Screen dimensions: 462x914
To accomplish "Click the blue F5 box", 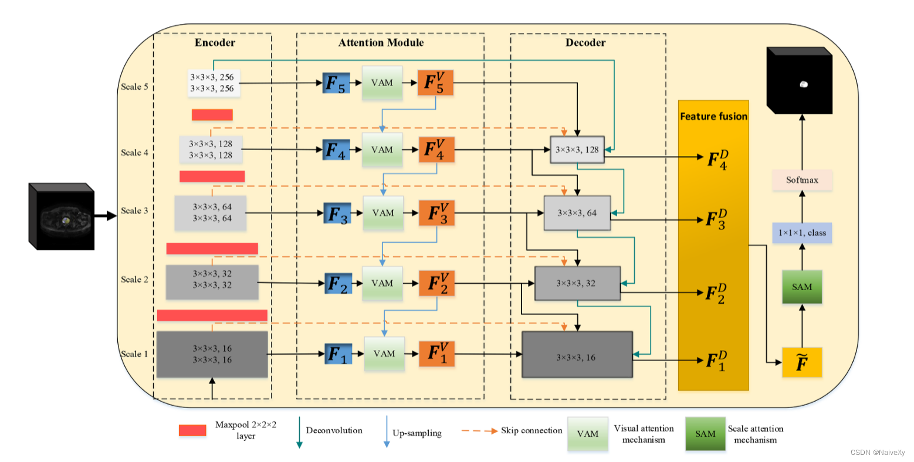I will click(337, 83).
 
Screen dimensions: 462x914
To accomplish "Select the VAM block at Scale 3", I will click(383, 213).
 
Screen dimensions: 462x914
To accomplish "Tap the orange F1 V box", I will click(436, 354).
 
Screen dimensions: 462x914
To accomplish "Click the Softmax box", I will click(801, 180).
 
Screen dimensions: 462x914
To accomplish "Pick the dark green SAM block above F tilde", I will click(801, 287).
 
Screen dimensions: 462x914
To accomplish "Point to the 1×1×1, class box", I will click(801, 233).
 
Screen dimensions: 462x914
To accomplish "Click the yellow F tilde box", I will click(801, 363).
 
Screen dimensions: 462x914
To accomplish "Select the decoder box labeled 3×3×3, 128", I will click(577, 150).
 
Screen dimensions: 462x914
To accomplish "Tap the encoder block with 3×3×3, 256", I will click(211, 83).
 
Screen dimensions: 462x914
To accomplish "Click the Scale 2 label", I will click(134, 279).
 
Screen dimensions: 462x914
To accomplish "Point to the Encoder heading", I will click(215, 43).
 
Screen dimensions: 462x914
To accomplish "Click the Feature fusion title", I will click(713, 116).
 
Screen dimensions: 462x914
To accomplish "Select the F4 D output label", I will click(717, 159).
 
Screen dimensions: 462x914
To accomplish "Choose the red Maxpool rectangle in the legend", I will click(192, 430).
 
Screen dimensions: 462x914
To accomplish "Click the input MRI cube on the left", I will click(62, 217).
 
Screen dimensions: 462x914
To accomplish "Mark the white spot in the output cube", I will click(804, 84).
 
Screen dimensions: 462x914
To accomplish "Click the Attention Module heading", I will click(381, 43).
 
